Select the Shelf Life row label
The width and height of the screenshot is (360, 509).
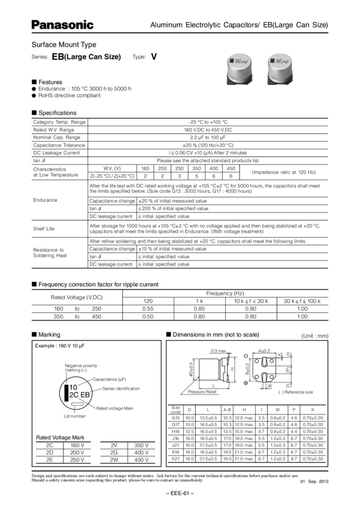43,229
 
